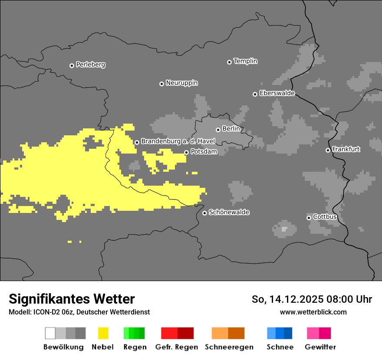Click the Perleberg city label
pos(90,65)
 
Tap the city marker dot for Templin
pos(229,62)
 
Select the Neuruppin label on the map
pos(181,83)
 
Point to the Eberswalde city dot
pos(255,94)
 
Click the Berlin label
pos(231,129)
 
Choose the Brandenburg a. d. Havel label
pos(178,141)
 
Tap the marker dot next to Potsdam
pos(186,152)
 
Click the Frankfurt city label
pos(346,149)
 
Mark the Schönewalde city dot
pos(204,213)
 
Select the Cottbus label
pos(325,217)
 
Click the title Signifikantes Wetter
pos(72,299)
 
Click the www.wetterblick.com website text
pos(313,312)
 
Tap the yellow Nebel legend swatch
pos(103,333)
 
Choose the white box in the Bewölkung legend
pos(50,333)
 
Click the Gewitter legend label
pos(320,347)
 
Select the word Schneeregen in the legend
pos(229,347)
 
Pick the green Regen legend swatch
pos(134,333)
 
